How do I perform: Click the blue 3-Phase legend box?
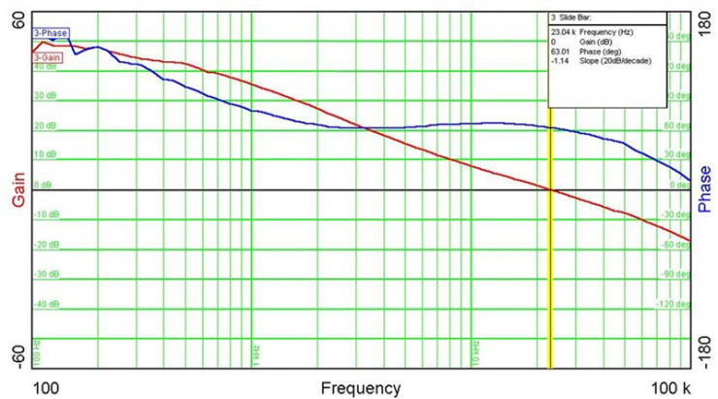[x=49, y=33]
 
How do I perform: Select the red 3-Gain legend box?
[x=48, y=57]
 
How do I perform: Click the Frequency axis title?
[x=360, y=387]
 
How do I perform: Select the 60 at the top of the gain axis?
[x=17, y=21]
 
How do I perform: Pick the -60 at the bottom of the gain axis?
[x=16, y=358]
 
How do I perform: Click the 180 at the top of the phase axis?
[x=704, y=21]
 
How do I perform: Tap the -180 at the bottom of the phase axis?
[x=703, y=358]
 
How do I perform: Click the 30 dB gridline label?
[x=46, y=96]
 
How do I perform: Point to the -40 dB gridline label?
[x=45, y=305]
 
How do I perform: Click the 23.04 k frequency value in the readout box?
[x=562, y=32]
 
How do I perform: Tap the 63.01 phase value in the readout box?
[x=561, y=51]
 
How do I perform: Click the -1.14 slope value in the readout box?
[x=560, y=61]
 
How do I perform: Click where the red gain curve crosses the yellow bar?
[x=550, y=189]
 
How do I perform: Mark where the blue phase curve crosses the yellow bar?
[x=550, y=128]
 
